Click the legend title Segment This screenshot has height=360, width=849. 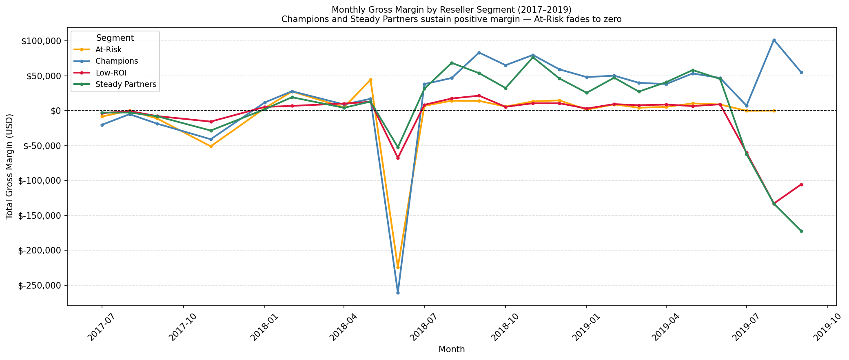115,38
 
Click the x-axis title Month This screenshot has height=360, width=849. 452,349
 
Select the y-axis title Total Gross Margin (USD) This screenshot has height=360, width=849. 10,167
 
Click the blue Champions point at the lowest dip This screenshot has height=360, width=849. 398,293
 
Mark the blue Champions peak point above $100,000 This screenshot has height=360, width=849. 774,40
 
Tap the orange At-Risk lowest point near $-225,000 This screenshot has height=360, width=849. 398,267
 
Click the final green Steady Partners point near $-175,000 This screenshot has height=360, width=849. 801,231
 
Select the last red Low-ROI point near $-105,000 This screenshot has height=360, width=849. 801,184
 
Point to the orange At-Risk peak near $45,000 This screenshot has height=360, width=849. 370,80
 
